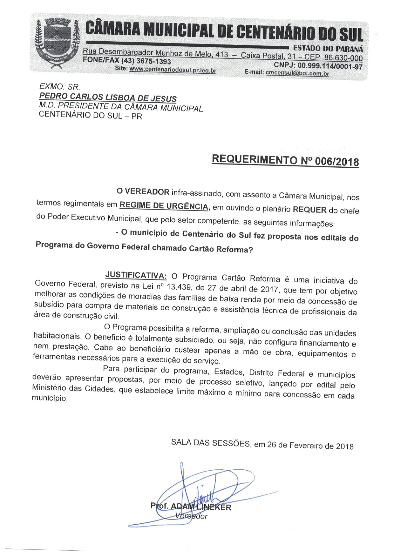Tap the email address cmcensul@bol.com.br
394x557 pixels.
coord(297,73)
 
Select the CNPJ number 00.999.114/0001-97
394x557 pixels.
coord(330,66)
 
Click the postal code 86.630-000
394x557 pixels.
coord(343,58)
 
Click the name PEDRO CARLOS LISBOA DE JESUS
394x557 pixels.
coord(108,97)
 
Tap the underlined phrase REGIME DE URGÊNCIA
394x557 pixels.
coord(164,206)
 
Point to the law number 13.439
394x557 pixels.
coord(179,287)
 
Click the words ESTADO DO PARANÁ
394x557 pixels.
coord(328,49)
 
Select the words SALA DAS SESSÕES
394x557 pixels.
coord(210,443)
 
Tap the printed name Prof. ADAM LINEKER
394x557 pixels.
coord(191,506)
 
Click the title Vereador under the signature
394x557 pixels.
coord(191,516)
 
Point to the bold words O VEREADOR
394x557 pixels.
coord(143,191)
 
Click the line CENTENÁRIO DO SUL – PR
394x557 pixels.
coord(90,115)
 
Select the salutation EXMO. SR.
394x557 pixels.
coord(59,86)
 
